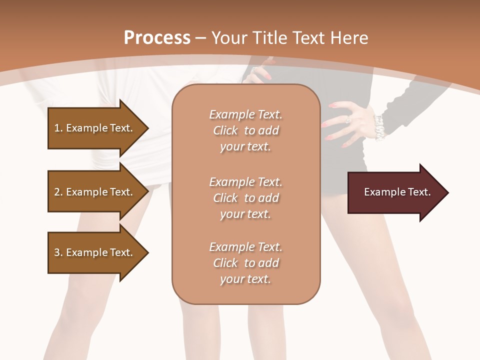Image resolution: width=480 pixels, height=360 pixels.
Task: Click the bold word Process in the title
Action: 157,38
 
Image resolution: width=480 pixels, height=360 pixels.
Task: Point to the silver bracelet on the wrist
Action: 378,127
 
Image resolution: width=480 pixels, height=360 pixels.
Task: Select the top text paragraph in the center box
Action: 245,130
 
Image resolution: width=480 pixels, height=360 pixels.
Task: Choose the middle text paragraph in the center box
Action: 245,198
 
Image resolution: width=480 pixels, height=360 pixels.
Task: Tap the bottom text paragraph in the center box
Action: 245,263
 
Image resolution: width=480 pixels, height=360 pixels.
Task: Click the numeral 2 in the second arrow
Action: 57,192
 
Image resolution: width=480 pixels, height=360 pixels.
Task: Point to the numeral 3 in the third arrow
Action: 57,252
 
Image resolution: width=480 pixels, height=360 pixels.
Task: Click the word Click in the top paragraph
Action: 225,130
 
